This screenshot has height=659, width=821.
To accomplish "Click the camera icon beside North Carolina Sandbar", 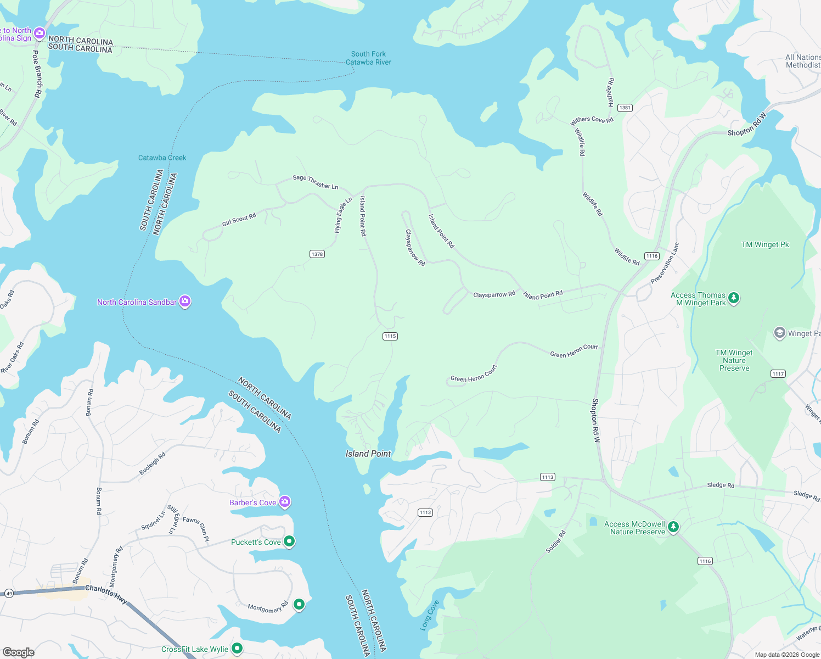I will (185, 301).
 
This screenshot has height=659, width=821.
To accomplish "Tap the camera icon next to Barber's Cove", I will (284, 502).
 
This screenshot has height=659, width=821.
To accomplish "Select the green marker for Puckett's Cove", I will (289, 541).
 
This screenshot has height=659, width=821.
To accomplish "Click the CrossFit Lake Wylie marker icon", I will (237, 649).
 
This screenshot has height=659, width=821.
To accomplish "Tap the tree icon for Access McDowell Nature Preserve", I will (673, 527).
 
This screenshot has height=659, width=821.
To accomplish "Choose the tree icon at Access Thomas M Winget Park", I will (734, 298).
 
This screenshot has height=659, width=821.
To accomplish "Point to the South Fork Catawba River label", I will (368, 58).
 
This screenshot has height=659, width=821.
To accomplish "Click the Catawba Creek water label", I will (162, 158).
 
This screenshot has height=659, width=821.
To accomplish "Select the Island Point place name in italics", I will (368, 454).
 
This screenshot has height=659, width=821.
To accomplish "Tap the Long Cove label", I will (430, 615).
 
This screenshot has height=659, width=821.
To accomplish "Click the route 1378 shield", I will (317, 254).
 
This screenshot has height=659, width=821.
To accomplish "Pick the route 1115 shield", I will (390, 336).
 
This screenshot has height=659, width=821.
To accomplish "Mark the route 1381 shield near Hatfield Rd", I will (625, 108).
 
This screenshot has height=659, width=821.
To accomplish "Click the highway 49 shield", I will (9, 593).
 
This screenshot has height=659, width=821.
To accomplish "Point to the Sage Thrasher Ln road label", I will (316, 182).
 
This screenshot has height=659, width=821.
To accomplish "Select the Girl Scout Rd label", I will (239, 220).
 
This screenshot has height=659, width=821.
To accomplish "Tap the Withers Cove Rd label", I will (592, 120).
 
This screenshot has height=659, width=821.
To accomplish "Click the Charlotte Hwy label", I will (106, 593).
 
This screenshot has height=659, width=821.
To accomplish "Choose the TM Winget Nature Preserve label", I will (734, 360).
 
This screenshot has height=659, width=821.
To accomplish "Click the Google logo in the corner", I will (19, 652).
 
